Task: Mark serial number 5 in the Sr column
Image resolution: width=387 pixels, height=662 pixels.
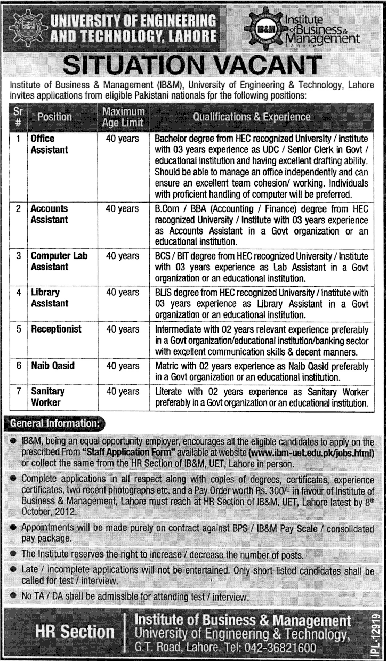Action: pos(18,329)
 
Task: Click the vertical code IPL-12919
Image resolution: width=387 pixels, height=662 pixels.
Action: pos(375,633)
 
